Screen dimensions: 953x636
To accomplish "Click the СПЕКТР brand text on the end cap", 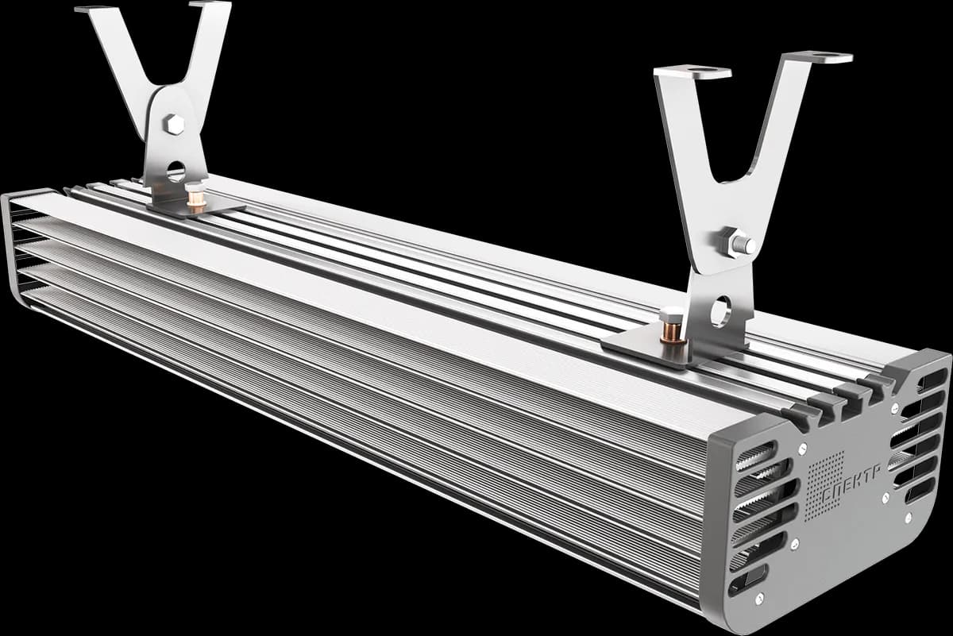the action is click(x=851, y=484).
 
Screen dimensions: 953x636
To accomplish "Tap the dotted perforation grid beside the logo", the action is click(x=826, y=486).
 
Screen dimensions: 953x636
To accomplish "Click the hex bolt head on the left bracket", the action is click(x=174, y=125).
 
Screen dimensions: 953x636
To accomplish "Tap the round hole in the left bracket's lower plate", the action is click(x=176, y=171).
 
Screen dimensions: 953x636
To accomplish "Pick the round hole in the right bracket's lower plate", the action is click(x=720, y=312).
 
